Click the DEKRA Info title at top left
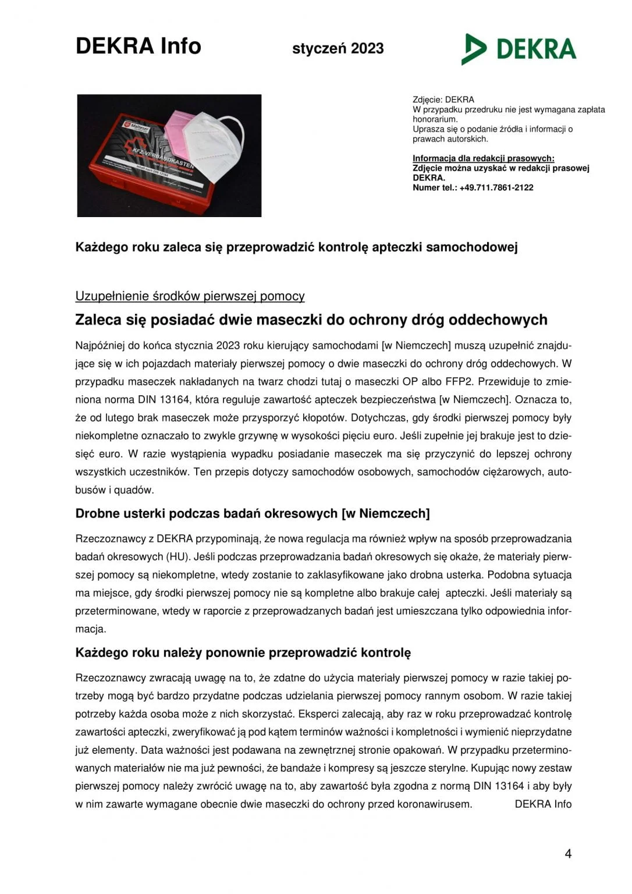[138, 46]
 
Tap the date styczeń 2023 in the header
[338, 48]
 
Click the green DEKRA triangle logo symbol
[474, 49]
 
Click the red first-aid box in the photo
[140, 175]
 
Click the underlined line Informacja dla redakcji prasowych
[483, 158]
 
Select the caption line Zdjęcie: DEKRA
[443, 100]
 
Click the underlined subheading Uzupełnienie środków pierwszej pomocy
[190, 296]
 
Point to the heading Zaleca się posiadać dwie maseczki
[311, 320]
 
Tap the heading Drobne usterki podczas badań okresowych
[252, 513]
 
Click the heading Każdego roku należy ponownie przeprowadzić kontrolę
[243, 652]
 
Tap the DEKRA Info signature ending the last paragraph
[543, 804]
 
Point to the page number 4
[568, 854]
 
